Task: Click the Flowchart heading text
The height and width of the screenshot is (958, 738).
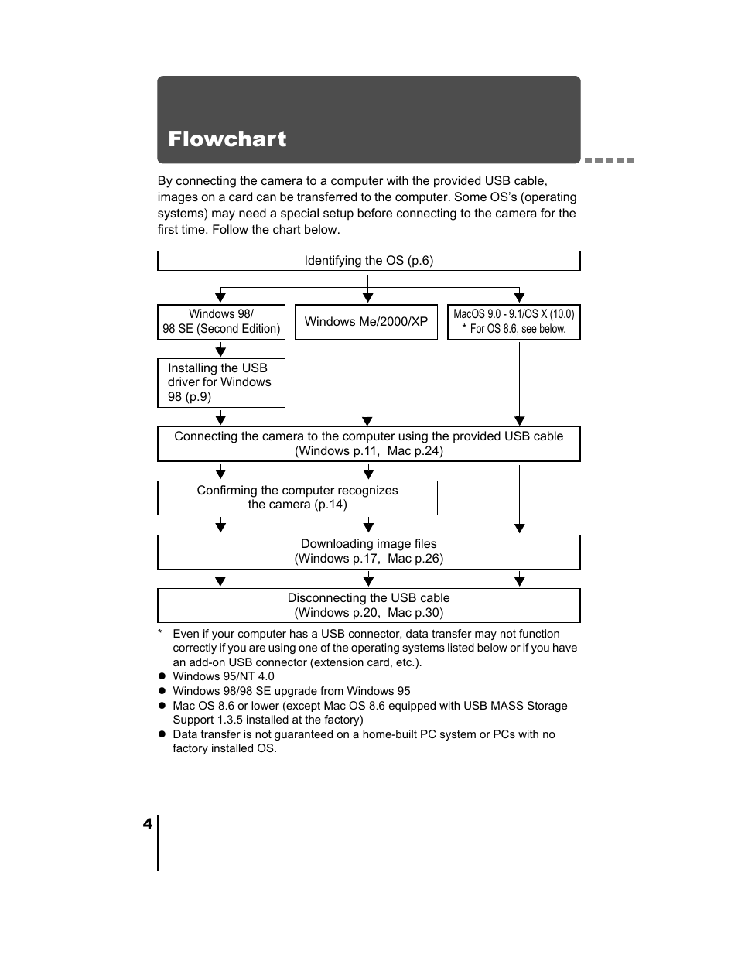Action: click(x=227, y=139)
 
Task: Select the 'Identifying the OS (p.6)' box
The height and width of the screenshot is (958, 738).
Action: click(x=368, y=261)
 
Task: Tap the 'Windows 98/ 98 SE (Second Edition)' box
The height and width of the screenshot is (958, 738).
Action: click(x=221, y=322)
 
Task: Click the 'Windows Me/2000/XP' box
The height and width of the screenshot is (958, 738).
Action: click(x=366, y=322)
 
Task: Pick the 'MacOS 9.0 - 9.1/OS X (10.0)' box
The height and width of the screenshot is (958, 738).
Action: click(x=514, y=322)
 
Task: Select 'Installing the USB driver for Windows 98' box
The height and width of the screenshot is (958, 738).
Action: click(x=220, y=382)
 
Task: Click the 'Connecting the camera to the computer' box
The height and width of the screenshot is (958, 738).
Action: click(x=368, y=443)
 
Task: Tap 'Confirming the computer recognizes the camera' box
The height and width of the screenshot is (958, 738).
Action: click(x=297, y=498)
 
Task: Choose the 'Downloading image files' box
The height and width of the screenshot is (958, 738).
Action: click(x=368, y=552)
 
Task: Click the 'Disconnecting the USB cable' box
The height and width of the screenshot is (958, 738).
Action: click(x=368, y=605)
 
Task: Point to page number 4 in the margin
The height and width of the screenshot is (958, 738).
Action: click(x=147, y=824)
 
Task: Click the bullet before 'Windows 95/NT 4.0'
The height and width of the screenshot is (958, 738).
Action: click(x=162, y=676)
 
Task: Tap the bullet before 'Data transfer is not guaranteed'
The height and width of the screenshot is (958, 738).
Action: click(x=162, y=734)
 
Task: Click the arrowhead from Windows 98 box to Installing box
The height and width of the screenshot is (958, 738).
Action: click(x=220, y=351)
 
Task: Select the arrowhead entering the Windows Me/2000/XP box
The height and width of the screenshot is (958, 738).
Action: click(x=368, y=297)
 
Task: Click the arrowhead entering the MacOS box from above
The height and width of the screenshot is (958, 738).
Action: click(x=519, y=297)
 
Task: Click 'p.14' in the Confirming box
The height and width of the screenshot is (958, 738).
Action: click(x=330, y=505)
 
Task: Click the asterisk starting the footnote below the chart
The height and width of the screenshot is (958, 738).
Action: click(x=160, y=634)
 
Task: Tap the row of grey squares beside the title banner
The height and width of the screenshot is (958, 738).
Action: click(x=609, y=160)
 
